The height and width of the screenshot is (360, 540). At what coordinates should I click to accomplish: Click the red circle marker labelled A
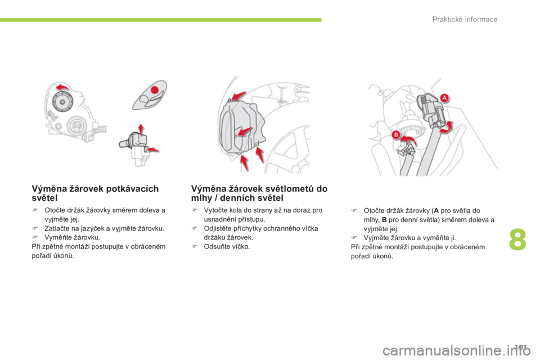[444, 98]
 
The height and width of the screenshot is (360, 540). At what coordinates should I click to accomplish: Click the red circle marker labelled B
[396, 134]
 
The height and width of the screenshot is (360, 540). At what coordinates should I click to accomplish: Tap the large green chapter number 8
[517, 240]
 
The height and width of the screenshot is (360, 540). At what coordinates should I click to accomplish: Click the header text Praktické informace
[465, 19]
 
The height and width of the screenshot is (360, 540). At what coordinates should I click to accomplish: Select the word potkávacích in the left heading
[133, 189]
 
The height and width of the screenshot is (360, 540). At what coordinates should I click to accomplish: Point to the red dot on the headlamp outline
[155, 90]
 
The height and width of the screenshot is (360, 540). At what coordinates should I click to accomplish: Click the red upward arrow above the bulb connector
[141, 129]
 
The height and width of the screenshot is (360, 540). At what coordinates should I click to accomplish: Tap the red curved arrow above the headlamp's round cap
[62, 87]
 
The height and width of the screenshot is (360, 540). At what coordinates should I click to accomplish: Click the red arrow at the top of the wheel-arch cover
[238, 96]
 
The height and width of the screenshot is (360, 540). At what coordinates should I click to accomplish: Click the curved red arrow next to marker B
[409, 140]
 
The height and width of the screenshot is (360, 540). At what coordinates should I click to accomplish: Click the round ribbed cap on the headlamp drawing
[62, 102]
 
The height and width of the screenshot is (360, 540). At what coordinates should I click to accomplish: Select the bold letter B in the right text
[384, 220]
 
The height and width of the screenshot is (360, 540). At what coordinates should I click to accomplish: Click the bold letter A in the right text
[436, 210]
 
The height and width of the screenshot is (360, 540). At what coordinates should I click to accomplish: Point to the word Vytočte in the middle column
[215, 210]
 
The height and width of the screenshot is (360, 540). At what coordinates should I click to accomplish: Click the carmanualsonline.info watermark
[456, 350]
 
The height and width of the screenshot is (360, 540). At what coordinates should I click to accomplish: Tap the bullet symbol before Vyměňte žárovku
[35, 237]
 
